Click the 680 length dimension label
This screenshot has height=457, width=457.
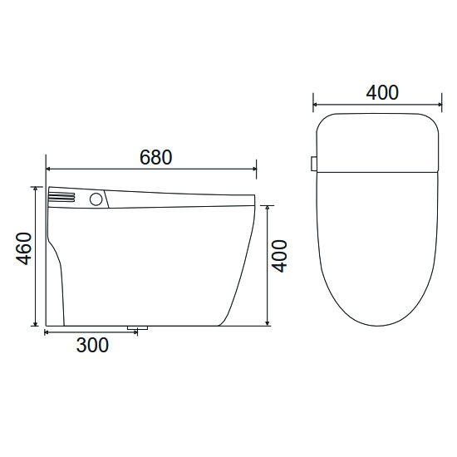pos(156,157)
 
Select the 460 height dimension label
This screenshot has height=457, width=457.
pos(23,248)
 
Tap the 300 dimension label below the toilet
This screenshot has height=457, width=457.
pos(92,345)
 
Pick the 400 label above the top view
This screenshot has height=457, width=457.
pos(382,93)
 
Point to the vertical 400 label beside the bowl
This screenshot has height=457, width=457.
pos(279,256)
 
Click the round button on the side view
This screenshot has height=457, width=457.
pos(96,199)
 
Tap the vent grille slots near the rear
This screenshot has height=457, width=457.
pos(61,197)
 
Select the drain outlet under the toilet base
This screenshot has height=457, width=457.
pos(138,328)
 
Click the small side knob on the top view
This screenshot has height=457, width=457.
pos(314,164)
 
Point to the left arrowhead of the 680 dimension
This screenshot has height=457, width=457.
pos(49,169)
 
